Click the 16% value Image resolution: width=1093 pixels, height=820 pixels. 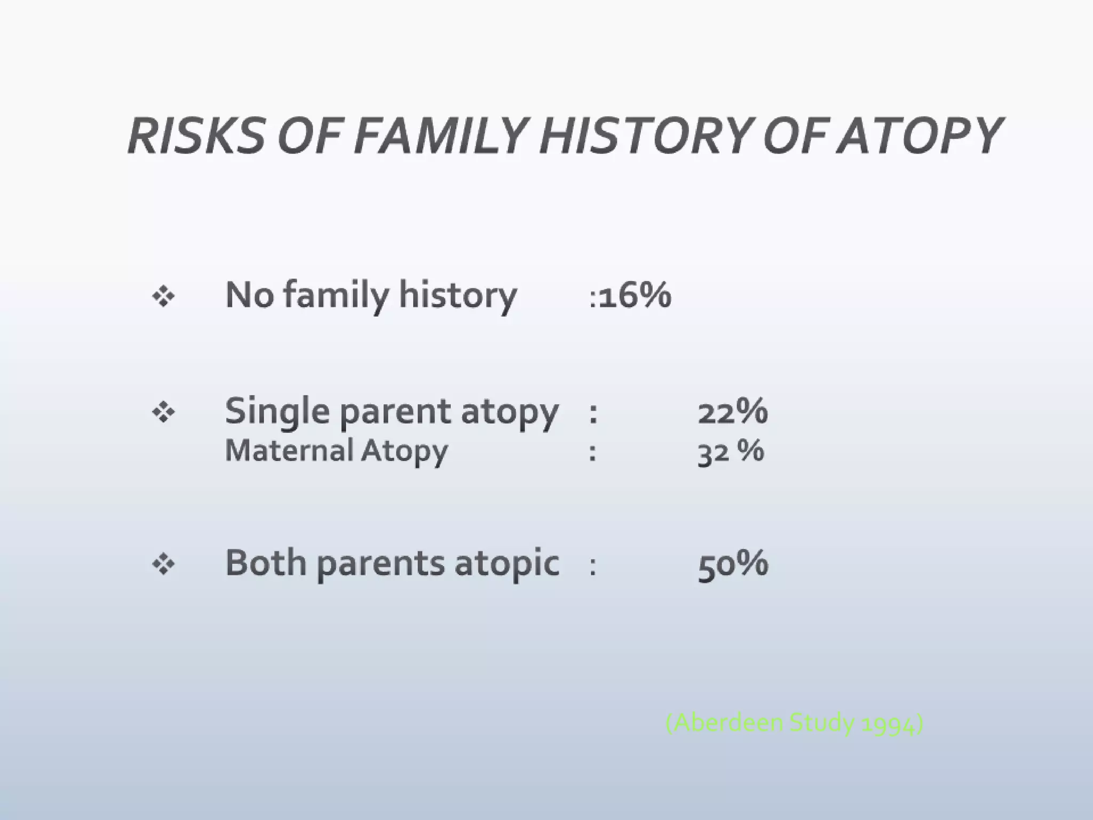point(635,295)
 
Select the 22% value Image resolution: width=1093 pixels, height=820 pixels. point(733,412)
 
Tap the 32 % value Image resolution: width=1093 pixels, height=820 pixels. point(731,451)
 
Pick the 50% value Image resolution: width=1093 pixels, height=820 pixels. point(733,563)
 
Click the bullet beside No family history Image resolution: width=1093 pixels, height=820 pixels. point(163,296)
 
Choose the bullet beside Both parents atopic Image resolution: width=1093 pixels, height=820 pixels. point(163,564)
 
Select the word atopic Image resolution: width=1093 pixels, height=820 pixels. point(507,564)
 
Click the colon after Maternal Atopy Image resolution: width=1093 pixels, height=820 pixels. point(592,452)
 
